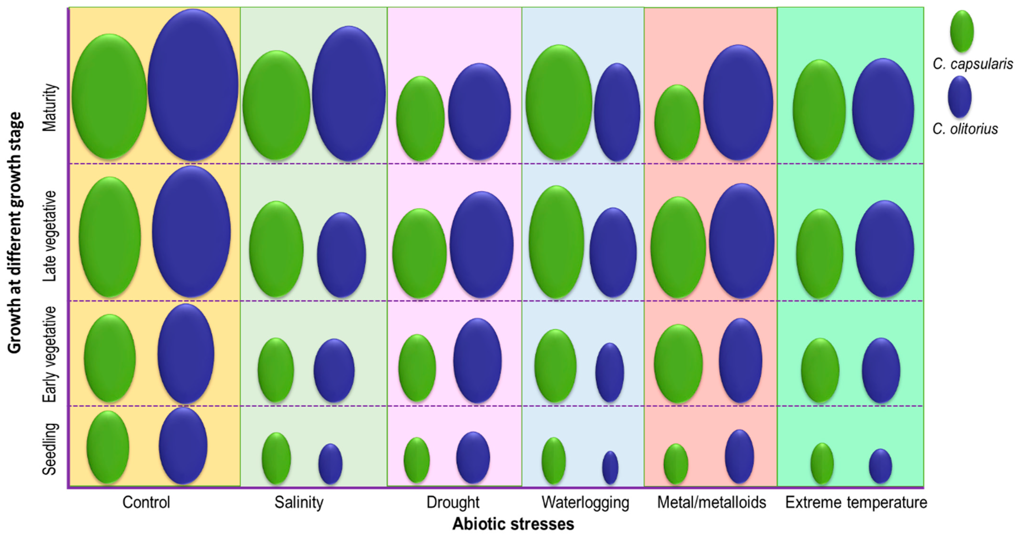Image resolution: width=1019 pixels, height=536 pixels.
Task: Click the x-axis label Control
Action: [x=146, y=502]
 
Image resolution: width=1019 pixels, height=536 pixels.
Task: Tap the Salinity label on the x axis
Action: [x=299, y=502]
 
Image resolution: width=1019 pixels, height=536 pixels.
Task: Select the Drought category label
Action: [x=453, y=502]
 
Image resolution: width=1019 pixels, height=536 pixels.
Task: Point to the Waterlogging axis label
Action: [x=585, y=502]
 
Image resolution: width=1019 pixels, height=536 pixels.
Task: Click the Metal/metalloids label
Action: [x=711, y=502]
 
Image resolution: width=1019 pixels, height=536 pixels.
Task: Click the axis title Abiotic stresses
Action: [x=513, y=524]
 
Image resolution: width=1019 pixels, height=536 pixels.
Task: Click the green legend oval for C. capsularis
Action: [x=962, y=31]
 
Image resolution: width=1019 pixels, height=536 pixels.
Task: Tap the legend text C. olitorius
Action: [x=965, y=129]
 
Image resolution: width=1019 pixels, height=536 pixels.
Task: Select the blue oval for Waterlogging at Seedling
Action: [x=610, y=467]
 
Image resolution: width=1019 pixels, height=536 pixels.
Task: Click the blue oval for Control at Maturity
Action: [x=193, y=85]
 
